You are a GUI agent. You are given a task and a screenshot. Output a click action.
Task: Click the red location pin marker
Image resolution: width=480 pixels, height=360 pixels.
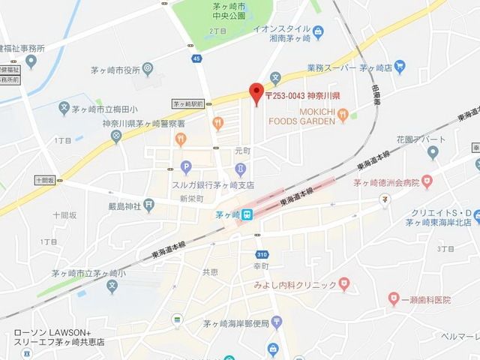(256, 92)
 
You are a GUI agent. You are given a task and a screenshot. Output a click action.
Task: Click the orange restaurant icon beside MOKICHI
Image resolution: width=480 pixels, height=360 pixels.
(343, 114)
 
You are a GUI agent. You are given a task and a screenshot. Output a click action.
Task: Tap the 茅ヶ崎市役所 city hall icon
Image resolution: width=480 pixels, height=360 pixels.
(148, 69)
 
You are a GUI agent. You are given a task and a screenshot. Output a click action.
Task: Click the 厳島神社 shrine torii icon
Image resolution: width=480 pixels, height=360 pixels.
(149, 202)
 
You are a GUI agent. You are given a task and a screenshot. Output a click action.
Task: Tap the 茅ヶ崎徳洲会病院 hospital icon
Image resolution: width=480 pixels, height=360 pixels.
(427, 181)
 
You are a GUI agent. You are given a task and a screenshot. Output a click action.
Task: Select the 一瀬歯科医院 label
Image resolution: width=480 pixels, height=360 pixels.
(419, 300)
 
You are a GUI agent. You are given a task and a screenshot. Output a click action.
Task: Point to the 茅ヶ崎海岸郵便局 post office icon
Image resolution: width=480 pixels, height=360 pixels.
(277, 322)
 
